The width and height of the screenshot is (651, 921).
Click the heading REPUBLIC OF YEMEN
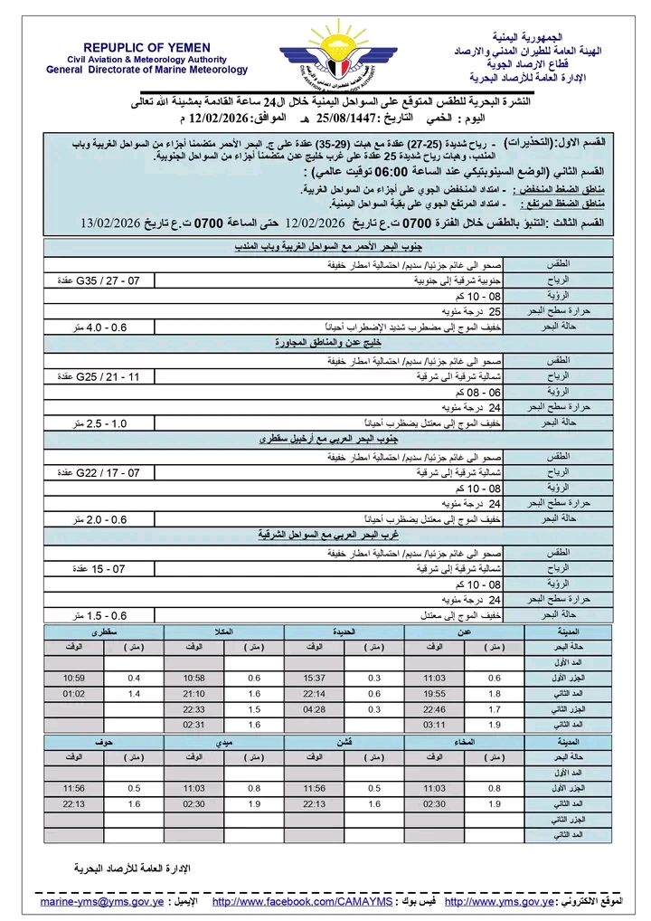147,47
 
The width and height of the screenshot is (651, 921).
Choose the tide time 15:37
315,677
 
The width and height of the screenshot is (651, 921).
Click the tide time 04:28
315,709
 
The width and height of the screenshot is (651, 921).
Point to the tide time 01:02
73,693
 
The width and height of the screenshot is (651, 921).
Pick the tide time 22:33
194,709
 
